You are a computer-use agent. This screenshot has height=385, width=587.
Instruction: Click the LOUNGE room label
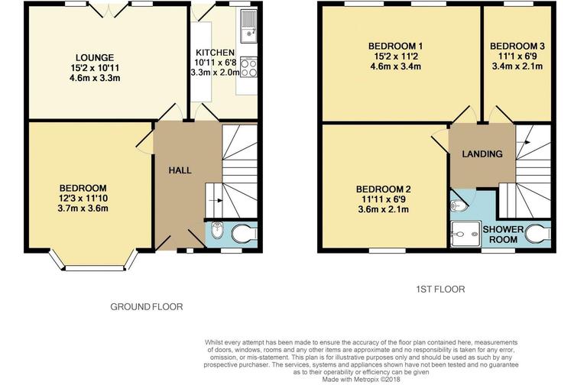95,57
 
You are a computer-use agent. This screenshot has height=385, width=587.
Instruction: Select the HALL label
180,170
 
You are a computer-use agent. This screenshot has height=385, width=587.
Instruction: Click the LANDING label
482,154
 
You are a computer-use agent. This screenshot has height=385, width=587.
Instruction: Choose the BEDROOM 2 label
383,189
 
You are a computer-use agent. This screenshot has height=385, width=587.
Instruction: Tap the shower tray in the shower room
462,235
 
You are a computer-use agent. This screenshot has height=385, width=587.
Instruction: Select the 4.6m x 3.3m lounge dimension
95,79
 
